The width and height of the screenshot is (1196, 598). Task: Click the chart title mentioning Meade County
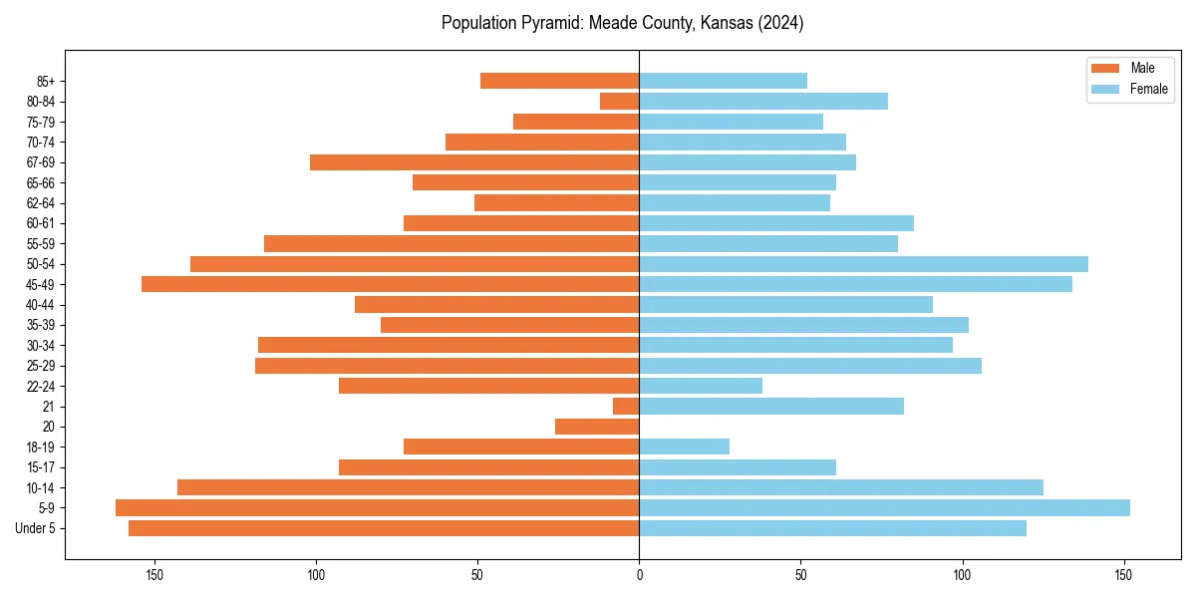tap(622, 23)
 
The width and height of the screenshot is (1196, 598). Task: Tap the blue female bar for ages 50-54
tap(863, 264)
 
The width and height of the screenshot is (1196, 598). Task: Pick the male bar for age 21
tap(626, 406)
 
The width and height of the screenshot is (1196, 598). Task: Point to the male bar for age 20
tap(597, 427)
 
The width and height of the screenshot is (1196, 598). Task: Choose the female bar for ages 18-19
tap(684, 447)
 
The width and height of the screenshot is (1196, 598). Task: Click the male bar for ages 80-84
tap(619, 101)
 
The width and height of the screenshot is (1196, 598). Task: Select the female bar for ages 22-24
tap(701, 386)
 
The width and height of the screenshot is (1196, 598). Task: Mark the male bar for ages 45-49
tap(390, 284)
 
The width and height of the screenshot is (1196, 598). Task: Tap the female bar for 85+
tap(723, 81)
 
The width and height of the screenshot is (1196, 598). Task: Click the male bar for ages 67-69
tap(474, 162)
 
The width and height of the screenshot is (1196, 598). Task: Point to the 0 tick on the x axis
tap(639, 575)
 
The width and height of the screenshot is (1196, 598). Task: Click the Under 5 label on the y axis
tap(35, 528)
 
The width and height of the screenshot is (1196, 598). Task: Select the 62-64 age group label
tap(41, 203)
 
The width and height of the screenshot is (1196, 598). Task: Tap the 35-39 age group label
tap(41, 325)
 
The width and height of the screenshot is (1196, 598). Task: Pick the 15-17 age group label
tap(41, 467)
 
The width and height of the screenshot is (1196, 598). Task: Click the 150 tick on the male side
tap(154, 575)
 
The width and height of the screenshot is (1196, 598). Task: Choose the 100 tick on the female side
tap(962, 575)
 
